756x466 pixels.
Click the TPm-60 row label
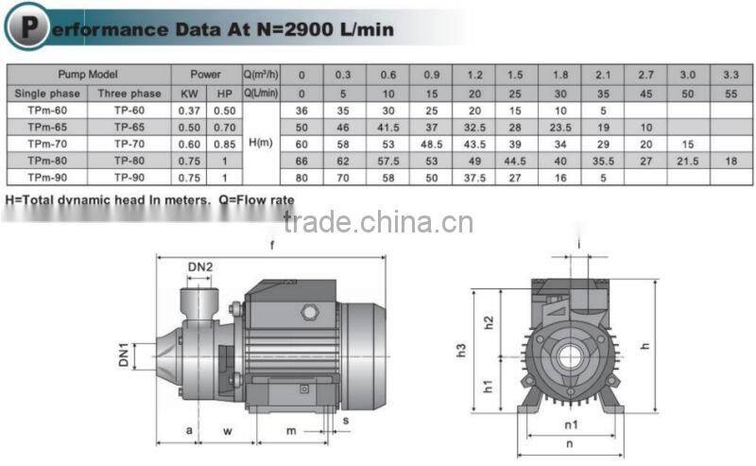click(x=45, y=110)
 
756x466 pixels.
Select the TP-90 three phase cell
click(x=129, y=177)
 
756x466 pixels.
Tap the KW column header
click(x=190, y=93)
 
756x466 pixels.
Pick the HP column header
click(x=224, y=93)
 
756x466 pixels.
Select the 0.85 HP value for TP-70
click(x=224, y=144)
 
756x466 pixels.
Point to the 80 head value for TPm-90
click(x=302, y=177)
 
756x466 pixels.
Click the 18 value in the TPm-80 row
click(x=730, y=161)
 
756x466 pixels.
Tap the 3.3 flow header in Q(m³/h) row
click(x=730, y=75)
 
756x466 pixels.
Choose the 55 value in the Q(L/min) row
click(x=730, y=93)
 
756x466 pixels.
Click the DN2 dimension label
click(x=199, y=268)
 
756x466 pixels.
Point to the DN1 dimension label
click(x=124, y=356)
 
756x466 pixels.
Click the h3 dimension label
click(x=461, y=350)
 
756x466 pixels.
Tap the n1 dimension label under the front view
click(x=570, y=424)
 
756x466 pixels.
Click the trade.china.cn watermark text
click(x=378, y=224)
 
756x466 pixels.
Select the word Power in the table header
click(x=206, y=75)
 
